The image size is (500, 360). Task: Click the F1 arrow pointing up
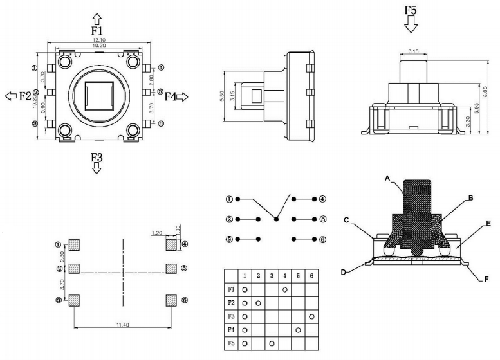[97, 17]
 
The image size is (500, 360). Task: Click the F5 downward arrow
[411, 25]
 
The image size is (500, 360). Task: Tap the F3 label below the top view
[97, 156]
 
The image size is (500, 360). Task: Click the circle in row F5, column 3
[272, 343]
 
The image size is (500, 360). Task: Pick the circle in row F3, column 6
[313, 316]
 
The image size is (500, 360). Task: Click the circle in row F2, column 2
[259, 303]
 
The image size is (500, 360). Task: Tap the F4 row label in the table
[231, 330]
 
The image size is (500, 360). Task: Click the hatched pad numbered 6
[171, 300]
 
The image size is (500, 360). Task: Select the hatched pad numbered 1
[75, 244]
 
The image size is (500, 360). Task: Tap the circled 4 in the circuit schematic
[322, 199]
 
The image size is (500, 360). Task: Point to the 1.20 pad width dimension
[156, 233]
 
